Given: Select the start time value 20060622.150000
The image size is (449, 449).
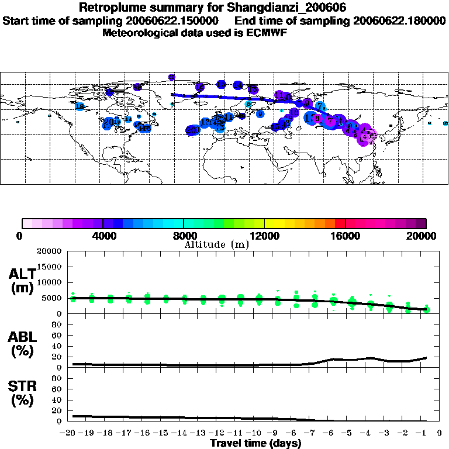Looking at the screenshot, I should [170, 20].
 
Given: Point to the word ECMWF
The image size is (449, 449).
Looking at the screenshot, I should [267, 33].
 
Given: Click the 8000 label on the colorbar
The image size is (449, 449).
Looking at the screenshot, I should [184, 236].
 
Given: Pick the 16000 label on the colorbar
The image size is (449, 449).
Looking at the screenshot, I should [346, 236].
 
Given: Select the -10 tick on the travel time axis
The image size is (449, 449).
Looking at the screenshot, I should [254, 433].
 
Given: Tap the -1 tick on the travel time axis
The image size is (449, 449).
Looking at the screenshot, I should [426, 433].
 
